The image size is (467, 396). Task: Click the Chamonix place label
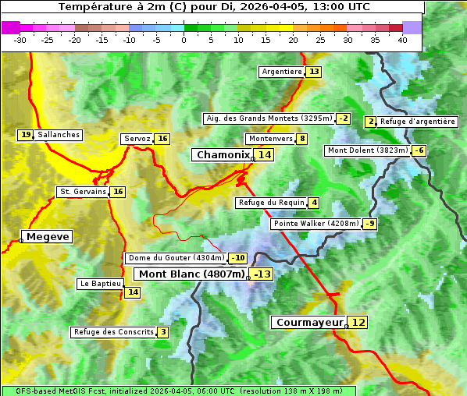coord(223,155)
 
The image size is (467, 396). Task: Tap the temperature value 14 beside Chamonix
coord(266,155)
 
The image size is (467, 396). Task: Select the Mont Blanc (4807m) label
coord(192,274)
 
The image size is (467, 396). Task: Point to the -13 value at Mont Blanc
coord(262,274)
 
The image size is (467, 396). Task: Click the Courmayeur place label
coord(309,322)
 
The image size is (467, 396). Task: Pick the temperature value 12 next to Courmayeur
coord(358,322)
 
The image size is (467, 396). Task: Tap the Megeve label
coord(48,236)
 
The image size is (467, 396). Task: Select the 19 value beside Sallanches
coord(26,135)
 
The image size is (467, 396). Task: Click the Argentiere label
coord(282,72)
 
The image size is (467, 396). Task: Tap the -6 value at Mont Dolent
coord(419,150)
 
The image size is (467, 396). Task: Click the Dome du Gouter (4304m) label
coord(176,258)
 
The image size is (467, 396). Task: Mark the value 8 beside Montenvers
coord(302,139)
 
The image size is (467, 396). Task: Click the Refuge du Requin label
coord(272,203)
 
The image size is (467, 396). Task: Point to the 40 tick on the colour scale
coord(402,40)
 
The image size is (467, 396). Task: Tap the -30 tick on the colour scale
coord(20,40)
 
